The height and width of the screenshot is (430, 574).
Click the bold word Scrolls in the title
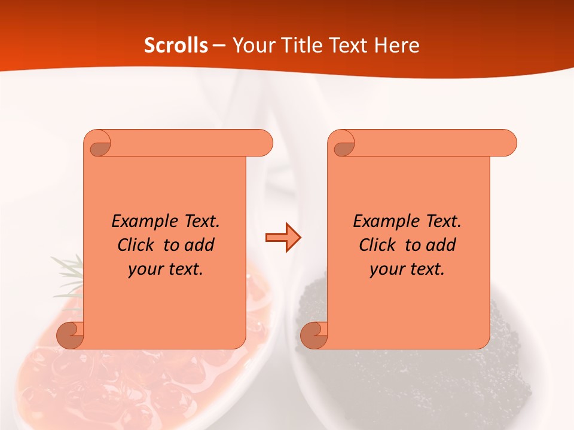[176, 45]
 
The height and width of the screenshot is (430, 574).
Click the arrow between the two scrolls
[283, 238]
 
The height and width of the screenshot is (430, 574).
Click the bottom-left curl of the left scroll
[71, 335]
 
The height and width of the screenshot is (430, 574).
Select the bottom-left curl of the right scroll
[315, 335]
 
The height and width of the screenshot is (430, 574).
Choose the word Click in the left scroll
[138, 245]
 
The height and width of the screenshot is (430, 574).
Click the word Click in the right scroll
[379, 245]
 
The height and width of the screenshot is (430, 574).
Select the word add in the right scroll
[441, 245]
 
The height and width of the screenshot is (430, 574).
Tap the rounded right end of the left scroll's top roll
[263, 143]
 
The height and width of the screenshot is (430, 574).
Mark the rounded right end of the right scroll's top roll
[507, 143]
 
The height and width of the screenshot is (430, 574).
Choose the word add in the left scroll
[200, 245]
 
